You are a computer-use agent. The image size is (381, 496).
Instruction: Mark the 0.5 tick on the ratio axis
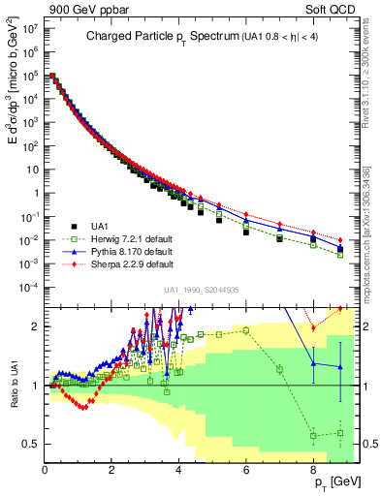[x=30, y=445]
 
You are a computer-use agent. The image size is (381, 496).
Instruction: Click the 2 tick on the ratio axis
[x=34, y=327]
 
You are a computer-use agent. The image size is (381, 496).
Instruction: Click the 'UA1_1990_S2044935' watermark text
[x=202, y=290]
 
